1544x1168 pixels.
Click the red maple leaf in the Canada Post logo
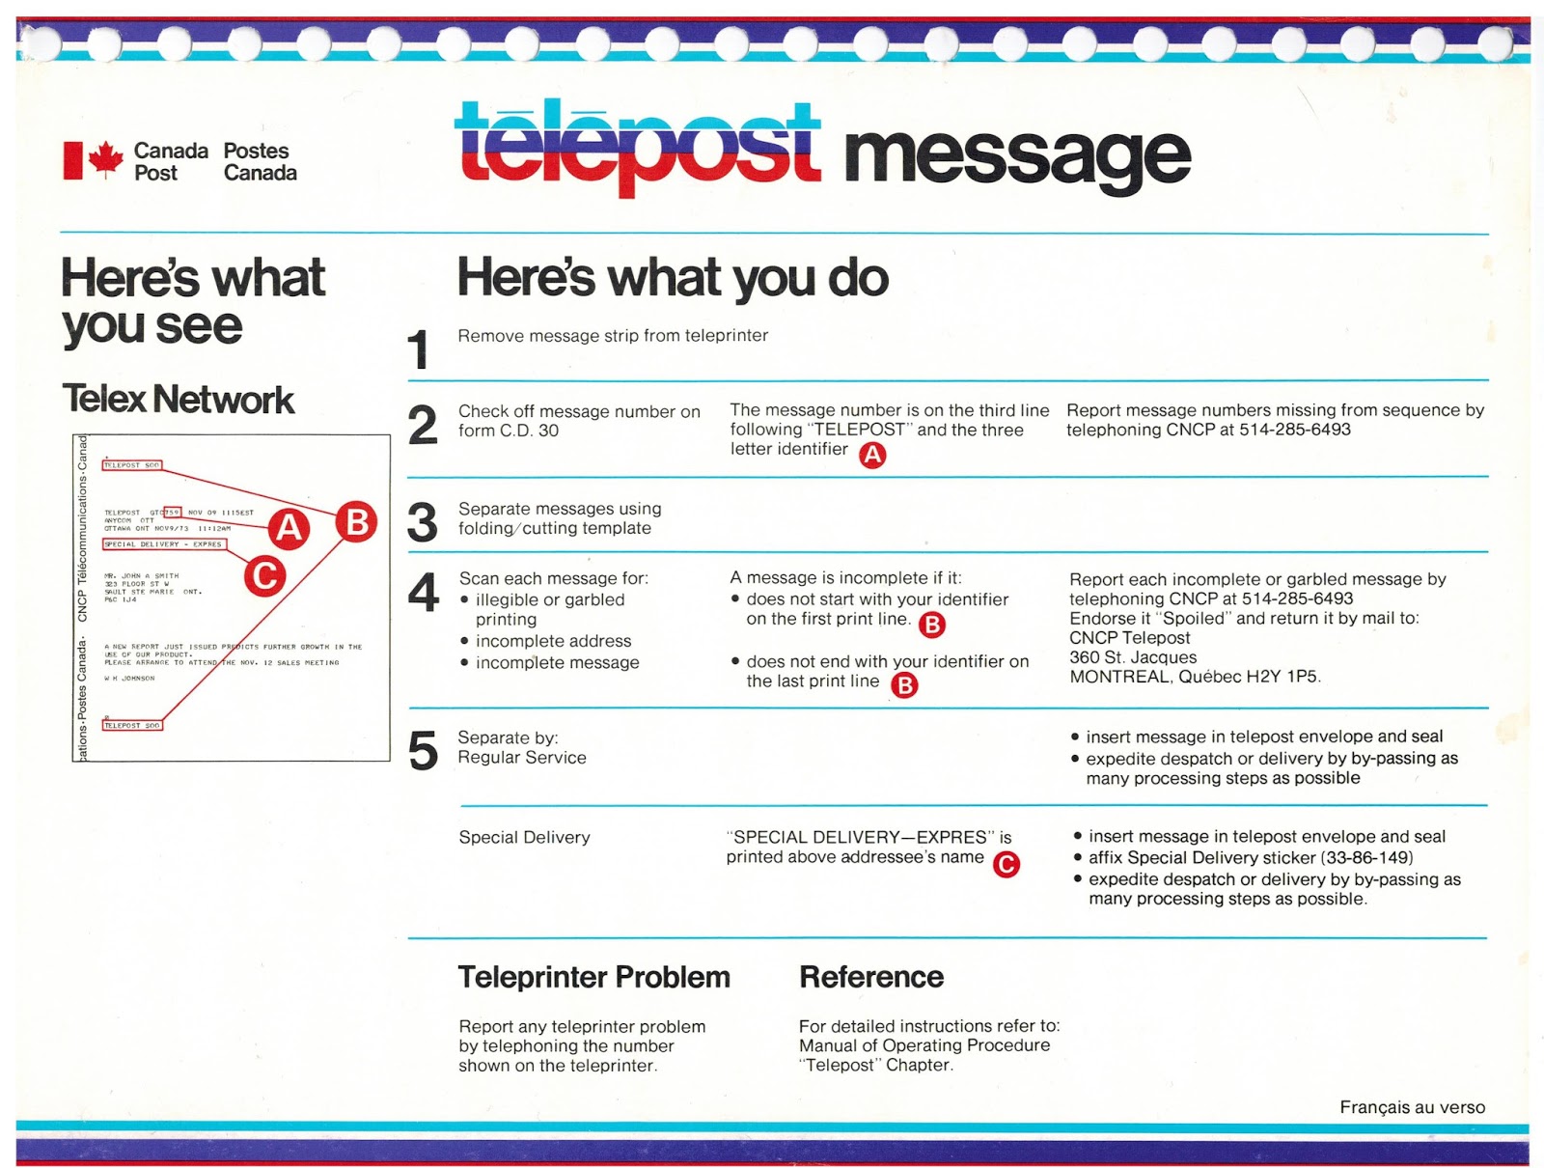coord(105,159)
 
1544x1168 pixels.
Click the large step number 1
coord(418,348)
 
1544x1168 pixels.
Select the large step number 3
coord(423,522)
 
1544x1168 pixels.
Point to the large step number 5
coord(423,751)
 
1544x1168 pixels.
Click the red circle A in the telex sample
coord(289,528)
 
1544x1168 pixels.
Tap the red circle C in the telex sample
coord(264,576)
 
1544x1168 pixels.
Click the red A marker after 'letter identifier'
coord(872,455)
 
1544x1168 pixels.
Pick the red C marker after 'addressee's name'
coord(1006,864)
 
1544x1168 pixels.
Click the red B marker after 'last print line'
coord(904,685)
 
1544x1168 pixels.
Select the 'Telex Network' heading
coord(179,400)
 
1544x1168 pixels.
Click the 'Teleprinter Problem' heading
coord(593,977)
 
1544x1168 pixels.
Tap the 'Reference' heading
coord(871,977)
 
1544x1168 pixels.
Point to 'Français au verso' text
coord(1412,1107)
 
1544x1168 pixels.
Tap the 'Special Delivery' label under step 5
coord(524,837)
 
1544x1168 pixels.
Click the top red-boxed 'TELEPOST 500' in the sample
coord(132,465)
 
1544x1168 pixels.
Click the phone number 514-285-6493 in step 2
coord(1294,430)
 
